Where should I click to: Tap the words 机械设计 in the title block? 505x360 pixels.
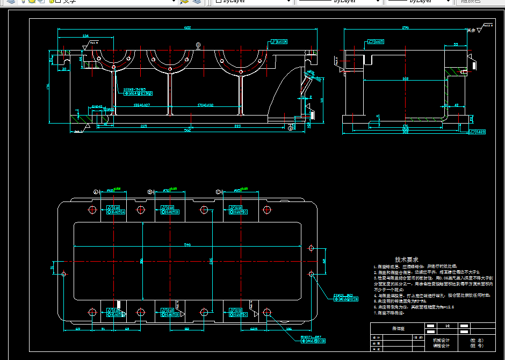(x=441, y=340)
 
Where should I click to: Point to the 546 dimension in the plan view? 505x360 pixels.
(x=187, y=244)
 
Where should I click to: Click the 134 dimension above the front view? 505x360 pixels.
(x=85, y=36)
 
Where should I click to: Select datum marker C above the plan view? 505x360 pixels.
(x=218, y=192)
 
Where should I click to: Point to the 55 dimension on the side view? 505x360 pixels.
(x=456, y=44)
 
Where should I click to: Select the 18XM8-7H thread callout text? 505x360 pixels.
(x=134, y=89)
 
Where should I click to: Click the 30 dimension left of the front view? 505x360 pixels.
(x=64, y=69)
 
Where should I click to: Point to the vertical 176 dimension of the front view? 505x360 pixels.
(x=48, y=86)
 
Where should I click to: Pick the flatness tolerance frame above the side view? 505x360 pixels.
(x=376, y=41)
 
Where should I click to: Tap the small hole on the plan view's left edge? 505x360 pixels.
(x=64, y=274)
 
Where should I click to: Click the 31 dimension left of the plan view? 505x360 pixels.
(x=52, y=267)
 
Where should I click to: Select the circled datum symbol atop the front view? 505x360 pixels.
(x=198, y=45)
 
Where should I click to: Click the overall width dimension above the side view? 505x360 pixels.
(x=405, y=27)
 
